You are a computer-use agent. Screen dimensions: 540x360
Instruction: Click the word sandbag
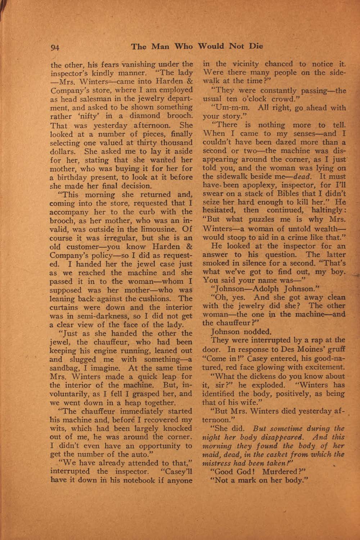[64, 368]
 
